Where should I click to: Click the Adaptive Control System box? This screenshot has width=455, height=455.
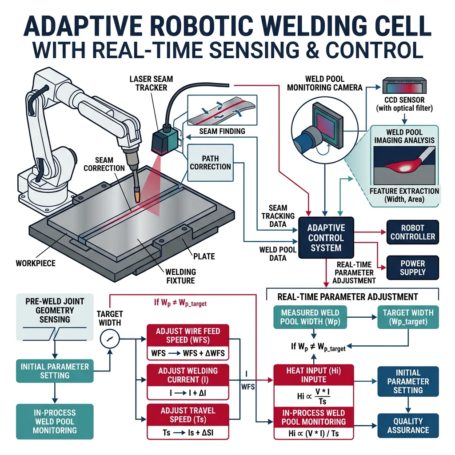point(326,237)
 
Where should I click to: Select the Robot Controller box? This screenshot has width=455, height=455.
point(412,231)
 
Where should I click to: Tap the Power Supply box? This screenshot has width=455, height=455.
point(412,267)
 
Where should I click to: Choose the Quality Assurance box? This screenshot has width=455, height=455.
point(408,425)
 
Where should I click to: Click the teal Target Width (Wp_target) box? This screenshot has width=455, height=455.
point(408,317)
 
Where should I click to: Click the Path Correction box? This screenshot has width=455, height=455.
point(210,162)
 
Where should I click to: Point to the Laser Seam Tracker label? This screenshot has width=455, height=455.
point(151,84)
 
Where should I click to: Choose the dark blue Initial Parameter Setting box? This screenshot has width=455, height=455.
point(408,381)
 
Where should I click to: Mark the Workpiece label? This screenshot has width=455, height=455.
point(36,263)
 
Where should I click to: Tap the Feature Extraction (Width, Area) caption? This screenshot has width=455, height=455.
point(404,196)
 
